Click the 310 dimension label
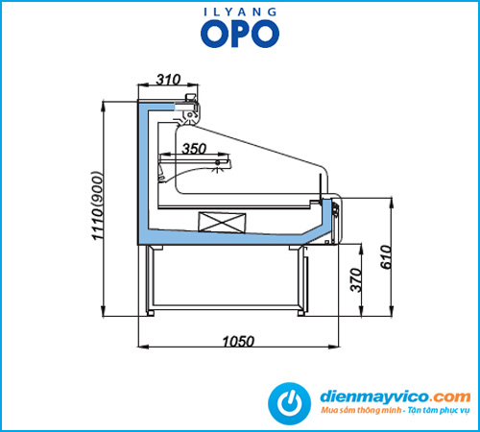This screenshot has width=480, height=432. (168, 79)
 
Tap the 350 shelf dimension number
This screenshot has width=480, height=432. (194, 149)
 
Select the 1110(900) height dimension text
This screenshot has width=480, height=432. (98, 205)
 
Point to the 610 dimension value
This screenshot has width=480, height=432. (386, 257)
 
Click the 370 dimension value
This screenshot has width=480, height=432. (356, 280)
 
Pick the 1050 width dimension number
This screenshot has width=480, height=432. (238, 342)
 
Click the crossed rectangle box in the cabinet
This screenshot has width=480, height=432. (222, 222)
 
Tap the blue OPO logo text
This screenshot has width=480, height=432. (240, 34)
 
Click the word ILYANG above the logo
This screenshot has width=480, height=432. (240, 12)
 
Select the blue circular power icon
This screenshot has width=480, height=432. (289, 403)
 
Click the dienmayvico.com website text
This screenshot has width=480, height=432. (396, 396)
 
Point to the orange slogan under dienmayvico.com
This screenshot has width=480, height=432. (396, 410)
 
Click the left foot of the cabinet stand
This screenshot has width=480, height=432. (150, 313)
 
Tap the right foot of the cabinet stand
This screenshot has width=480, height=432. (301, 313)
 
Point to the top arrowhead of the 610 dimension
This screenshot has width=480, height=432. (392, 203)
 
